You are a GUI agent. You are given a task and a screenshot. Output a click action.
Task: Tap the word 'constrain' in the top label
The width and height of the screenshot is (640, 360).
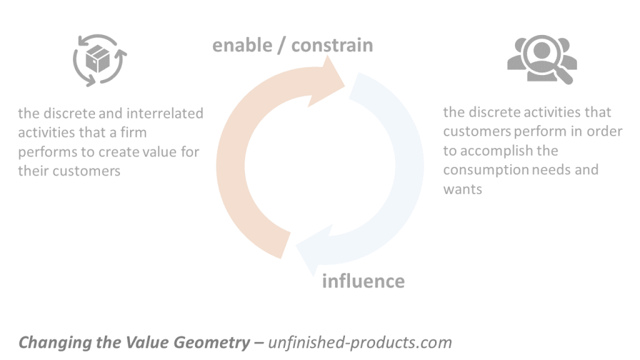pyautogui.click(x=332, y=45)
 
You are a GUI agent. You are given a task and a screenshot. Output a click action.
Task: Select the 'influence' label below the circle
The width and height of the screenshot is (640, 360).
pyautogui.click(x=363, y=281)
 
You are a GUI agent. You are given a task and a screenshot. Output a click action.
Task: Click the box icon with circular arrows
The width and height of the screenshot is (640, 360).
pyautogui.click(x=99, y=61)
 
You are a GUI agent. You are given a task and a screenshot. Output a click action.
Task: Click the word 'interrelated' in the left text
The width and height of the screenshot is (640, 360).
pyautogui.click(x=165, y=114)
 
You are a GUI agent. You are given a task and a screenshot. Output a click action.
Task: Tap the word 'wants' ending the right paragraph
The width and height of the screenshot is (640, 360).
pyautogui.click(x=462, y=189)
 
